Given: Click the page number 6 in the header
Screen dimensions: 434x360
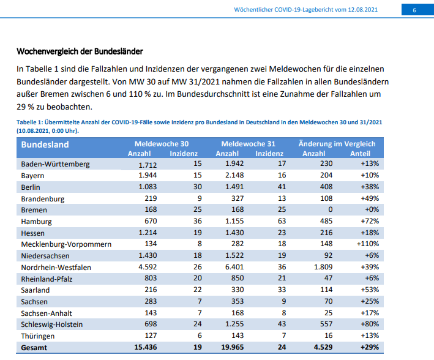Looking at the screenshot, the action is pyautogui.click(x=414, y=10).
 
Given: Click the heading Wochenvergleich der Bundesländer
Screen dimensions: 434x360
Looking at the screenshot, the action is pyautogui.click(x=80, y=51).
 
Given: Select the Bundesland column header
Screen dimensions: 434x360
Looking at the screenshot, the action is pyautogui.click(x=45, y=144).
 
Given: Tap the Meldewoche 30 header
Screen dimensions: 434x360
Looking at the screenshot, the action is pyautogui.click(x=162, y=144).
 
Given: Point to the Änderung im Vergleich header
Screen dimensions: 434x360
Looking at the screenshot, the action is pyautogui.click(x=337, y=144).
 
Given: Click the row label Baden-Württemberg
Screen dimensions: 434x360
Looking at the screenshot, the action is pyautogui.click(x=55, y=164).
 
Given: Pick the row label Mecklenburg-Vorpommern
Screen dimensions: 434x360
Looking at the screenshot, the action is pyautogui.click(x=66, y=244).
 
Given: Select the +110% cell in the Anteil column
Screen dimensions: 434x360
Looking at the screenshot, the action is pyautogui.click(x=368, y=244).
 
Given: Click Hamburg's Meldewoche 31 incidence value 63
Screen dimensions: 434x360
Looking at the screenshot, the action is pyautogui.click(x=282, y=221).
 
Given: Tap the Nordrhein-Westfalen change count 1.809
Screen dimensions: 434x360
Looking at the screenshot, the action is pyautogui.click(x=323, y=267).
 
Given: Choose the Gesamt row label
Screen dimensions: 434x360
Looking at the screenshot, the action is pyautogui.click(x=34, y=348).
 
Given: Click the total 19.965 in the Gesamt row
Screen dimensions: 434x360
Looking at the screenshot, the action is pyautogui.click(x=233, y=347).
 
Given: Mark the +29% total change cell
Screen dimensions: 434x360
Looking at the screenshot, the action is pyautogui.click(x=370, y=347).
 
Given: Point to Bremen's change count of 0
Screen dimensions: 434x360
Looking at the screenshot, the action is pyautogui.click(x=330, y=209).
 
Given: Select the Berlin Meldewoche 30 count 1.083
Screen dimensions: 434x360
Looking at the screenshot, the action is pyautogui.click(x=148, y=187).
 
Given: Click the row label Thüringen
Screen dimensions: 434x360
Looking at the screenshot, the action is pyautogui.click(x=37, y=336).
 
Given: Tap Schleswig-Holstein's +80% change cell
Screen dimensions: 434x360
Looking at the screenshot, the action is pyautogui.click(x=370, y=324).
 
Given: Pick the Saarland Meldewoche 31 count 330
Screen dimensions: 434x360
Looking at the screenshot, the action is pyautogui.click(x=238, y=290).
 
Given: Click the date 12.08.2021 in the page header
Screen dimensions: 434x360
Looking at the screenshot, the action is pyautogui.click(x=362, y=10).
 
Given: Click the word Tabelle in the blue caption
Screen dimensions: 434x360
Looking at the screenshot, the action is pyautogui.click(x=26, y=122).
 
